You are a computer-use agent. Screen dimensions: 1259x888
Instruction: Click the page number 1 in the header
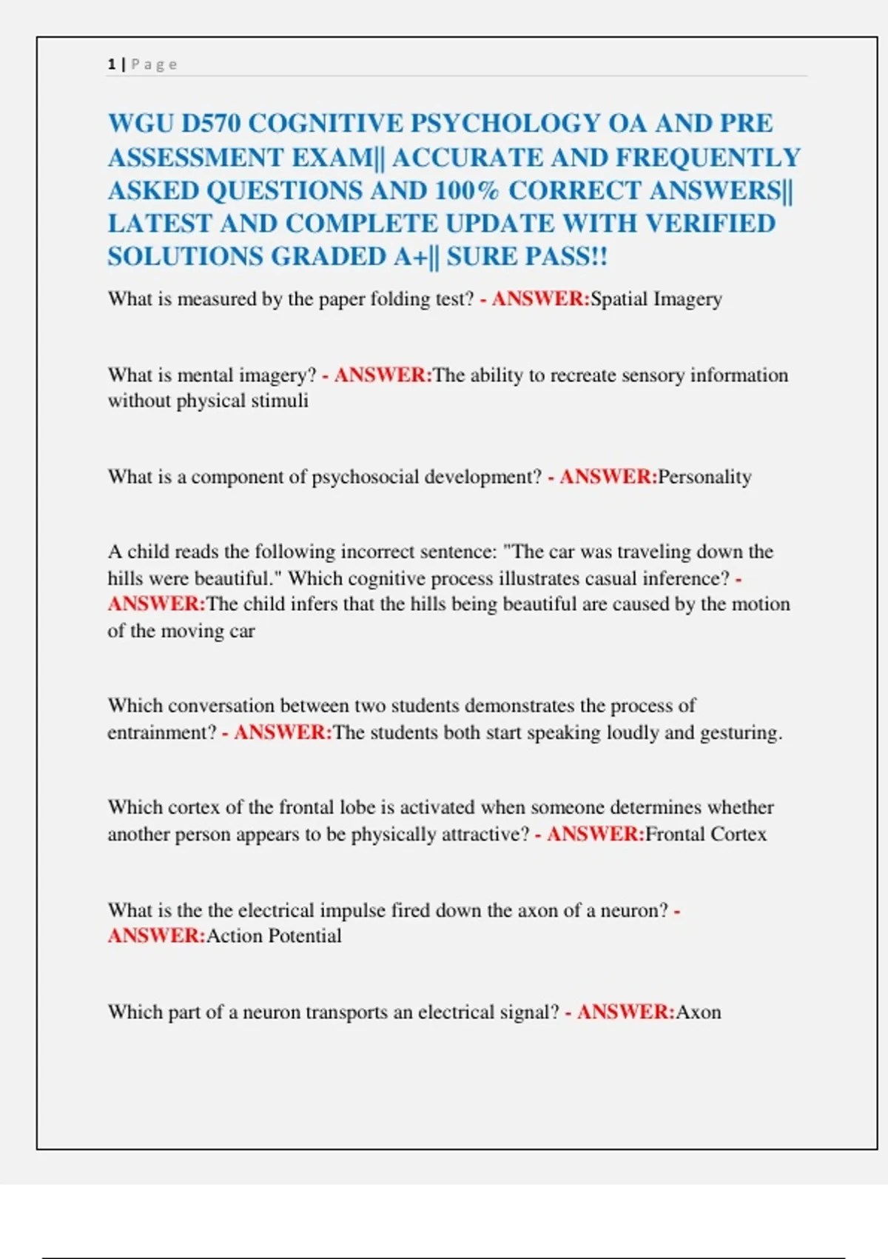(x=111, y=64)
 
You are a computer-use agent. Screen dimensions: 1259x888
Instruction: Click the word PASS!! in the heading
(x=565, y=256)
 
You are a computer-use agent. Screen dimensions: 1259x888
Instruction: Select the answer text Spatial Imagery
(x=656, y=299)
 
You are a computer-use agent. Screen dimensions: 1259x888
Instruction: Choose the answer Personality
(x=704, y=477)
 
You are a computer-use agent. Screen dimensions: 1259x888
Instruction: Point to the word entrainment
(x=161, y=732)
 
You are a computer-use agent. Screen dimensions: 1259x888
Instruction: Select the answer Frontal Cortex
(x=705, y=835)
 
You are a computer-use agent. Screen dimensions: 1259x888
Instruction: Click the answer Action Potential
(x=274, y=936)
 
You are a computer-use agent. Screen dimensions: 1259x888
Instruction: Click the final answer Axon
(x=699, y=1012)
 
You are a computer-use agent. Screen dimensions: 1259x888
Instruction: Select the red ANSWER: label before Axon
(x=625, y=1012)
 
